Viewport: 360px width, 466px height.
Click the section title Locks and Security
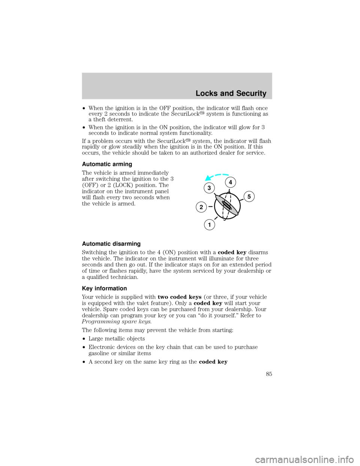pos(231,93)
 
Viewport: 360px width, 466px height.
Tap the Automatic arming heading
pos(107,164)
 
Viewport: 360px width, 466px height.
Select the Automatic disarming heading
pos(111,244)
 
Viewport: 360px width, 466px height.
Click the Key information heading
pos(104,289)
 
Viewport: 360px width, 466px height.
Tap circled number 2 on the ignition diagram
pos(201,207)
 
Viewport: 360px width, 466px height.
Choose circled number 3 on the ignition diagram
pos(209,188)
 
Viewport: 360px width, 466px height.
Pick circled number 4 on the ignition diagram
pos(230,182)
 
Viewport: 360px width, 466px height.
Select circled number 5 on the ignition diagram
pos(249,197)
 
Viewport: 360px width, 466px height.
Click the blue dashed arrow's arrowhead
pos(208,178)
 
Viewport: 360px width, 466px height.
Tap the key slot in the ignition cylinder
pos(227,206)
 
